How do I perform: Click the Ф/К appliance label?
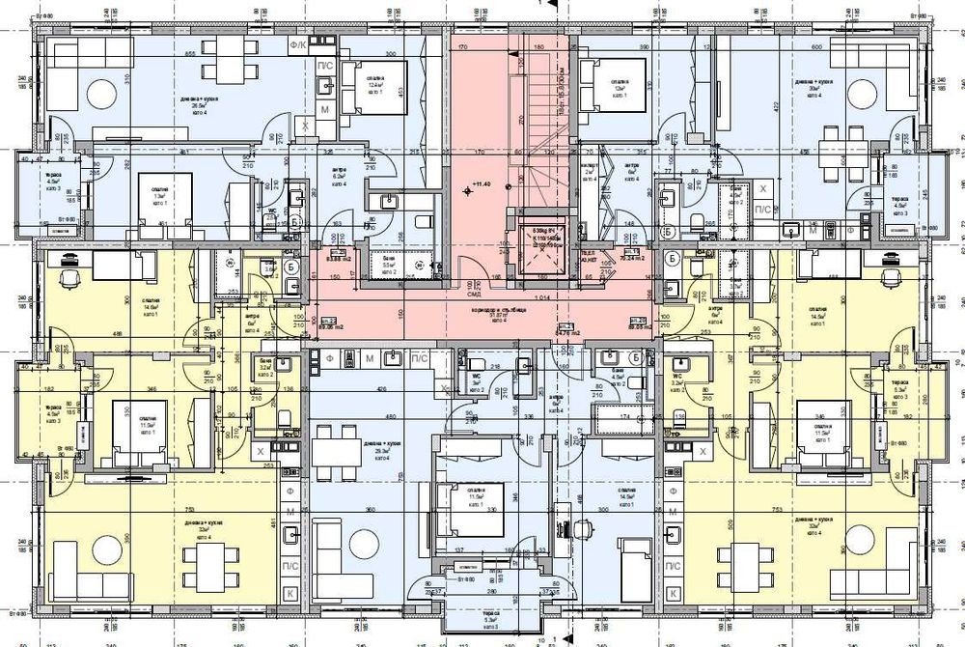[298, 45]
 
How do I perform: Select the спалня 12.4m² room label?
[375, 84]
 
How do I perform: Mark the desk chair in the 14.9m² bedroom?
[584, 530]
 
